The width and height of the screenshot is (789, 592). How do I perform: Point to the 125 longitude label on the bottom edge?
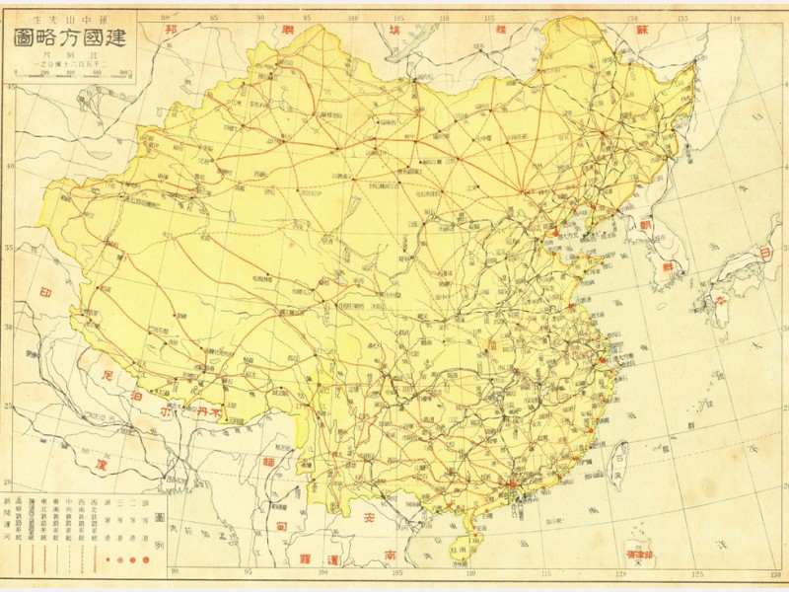click(697, 571)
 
